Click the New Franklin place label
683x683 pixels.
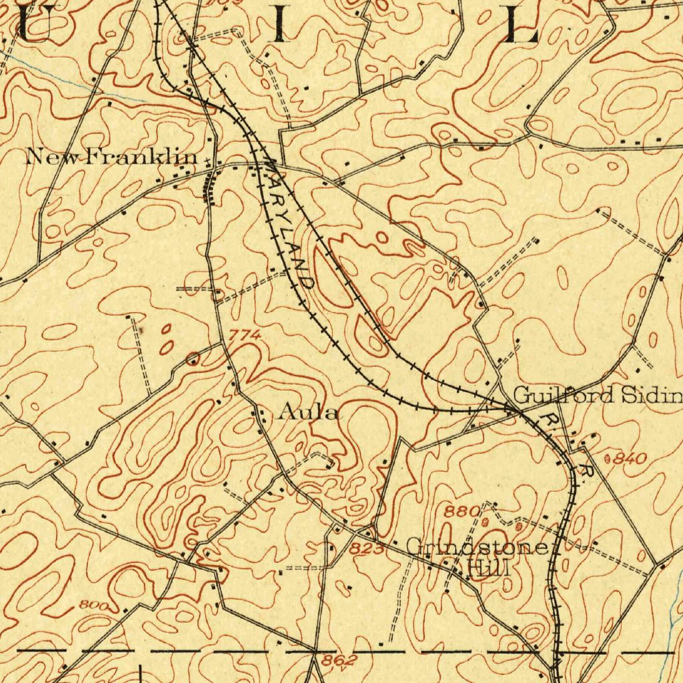click(x=112, y=157)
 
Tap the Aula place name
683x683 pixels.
click(x=308, y=413)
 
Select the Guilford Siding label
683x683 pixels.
click(x=598, y=396)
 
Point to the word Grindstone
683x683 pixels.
click(x=478, y=548)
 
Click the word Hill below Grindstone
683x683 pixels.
click(x=490, y=569)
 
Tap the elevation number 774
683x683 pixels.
click(x=244, y=335)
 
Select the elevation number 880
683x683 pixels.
click(x=462, y=512)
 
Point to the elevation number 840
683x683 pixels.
click(x=629, y=459)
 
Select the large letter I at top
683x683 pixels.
click(x=279, y=25)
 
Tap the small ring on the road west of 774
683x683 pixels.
click(x=193, y=360)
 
